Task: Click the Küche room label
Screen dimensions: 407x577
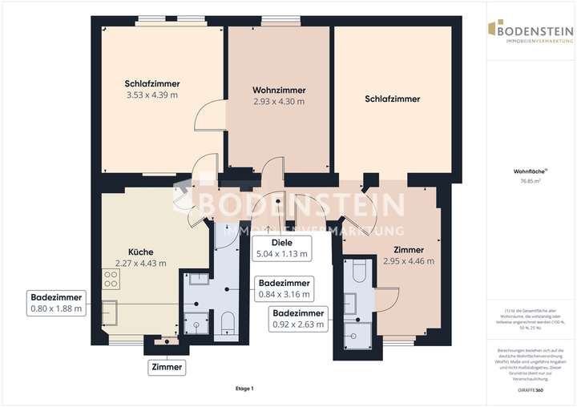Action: [140, 251]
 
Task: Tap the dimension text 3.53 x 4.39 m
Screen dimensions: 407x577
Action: [151, 95]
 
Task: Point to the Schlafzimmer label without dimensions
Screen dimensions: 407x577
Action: [392, 99]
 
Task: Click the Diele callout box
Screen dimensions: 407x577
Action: [281, 248]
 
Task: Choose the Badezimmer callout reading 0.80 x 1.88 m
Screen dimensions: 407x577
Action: [55, 301]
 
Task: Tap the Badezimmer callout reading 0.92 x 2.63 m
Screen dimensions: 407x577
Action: [298, 319]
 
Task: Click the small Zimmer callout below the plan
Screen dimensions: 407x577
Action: [167, 368]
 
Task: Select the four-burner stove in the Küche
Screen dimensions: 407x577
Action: [110, 280]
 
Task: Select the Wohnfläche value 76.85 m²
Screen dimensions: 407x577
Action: [530, 181]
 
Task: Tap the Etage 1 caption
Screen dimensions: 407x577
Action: [244, 389]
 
